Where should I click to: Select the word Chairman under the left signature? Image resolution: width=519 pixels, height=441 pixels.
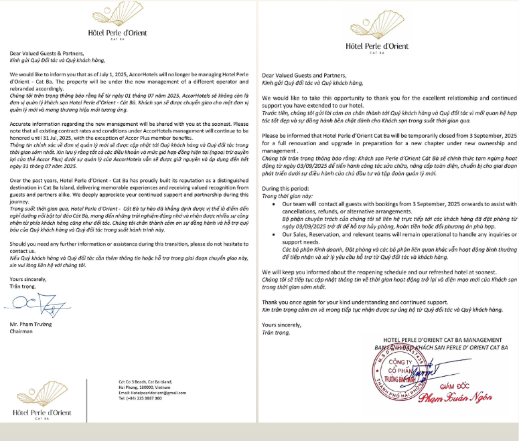point(23,331)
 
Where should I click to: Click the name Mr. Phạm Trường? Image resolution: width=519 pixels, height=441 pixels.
point(32,324)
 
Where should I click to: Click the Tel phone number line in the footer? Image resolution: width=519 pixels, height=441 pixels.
point(140,398)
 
